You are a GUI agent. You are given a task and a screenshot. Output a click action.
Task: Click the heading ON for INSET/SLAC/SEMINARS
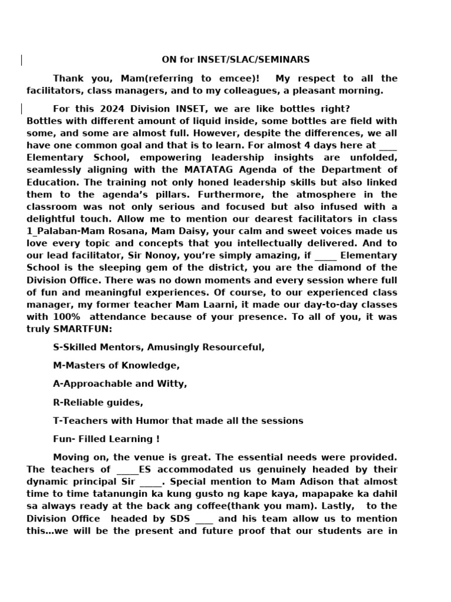point(235,59)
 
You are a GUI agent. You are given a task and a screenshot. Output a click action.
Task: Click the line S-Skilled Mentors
point(159,347)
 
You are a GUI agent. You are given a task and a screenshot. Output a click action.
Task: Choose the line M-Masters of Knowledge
point(116,366)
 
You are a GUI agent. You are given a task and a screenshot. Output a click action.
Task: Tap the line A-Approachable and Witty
point(120,384)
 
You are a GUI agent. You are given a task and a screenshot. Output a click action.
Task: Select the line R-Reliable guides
point(98,403)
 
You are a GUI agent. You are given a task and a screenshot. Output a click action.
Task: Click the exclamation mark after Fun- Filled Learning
point(157,439)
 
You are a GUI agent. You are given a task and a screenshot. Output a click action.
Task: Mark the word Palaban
point(53,231)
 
